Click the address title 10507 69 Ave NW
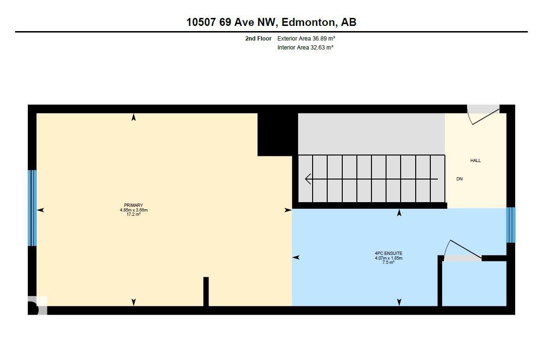pos(231,23)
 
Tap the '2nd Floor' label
pos(258,39)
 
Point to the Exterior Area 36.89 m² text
pos(306,39)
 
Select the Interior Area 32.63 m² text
pos(305,48)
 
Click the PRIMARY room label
pos(133,205)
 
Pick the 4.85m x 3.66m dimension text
pos(134,210)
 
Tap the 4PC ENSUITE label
pos(388,253)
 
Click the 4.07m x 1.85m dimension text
pos(388,258)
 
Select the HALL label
pos(476,160)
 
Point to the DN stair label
pos(459,179)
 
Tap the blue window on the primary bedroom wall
pos(32,208)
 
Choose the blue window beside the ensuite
pos(510,225)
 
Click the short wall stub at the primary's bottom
pos(206,291)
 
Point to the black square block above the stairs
pos(278,134)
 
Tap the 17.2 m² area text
pos(134,214)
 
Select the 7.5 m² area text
pos(388,262)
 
